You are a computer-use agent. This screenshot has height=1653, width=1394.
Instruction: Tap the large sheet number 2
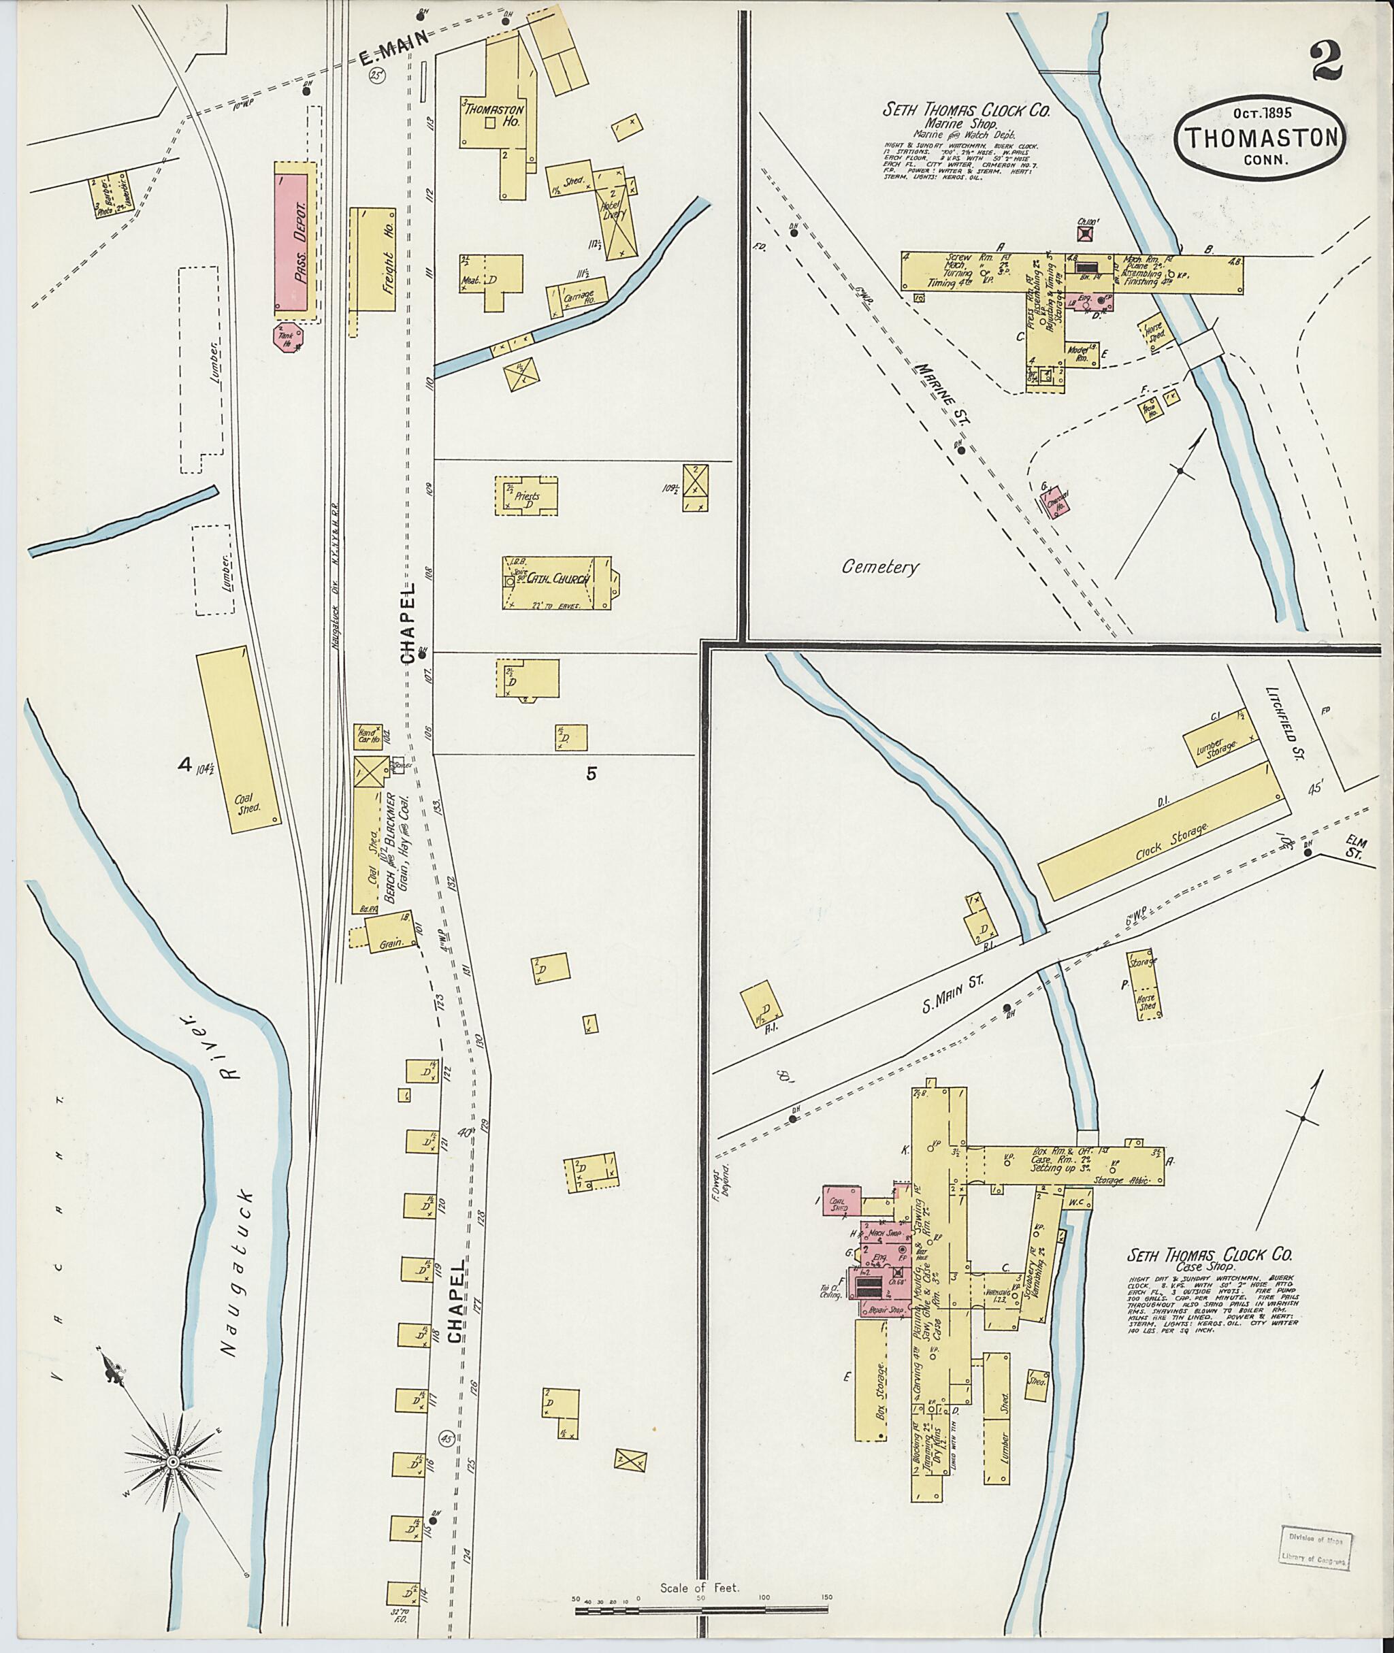(1327, 63)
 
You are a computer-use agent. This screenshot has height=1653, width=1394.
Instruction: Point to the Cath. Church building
(558, 583)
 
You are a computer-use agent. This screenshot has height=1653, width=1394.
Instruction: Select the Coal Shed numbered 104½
(237, 740)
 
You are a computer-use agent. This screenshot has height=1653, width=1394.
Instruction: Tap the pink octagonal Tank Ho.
(286, 338)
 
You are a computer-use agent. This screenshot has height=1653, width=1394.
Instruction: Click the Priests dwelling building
(526, 496)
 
